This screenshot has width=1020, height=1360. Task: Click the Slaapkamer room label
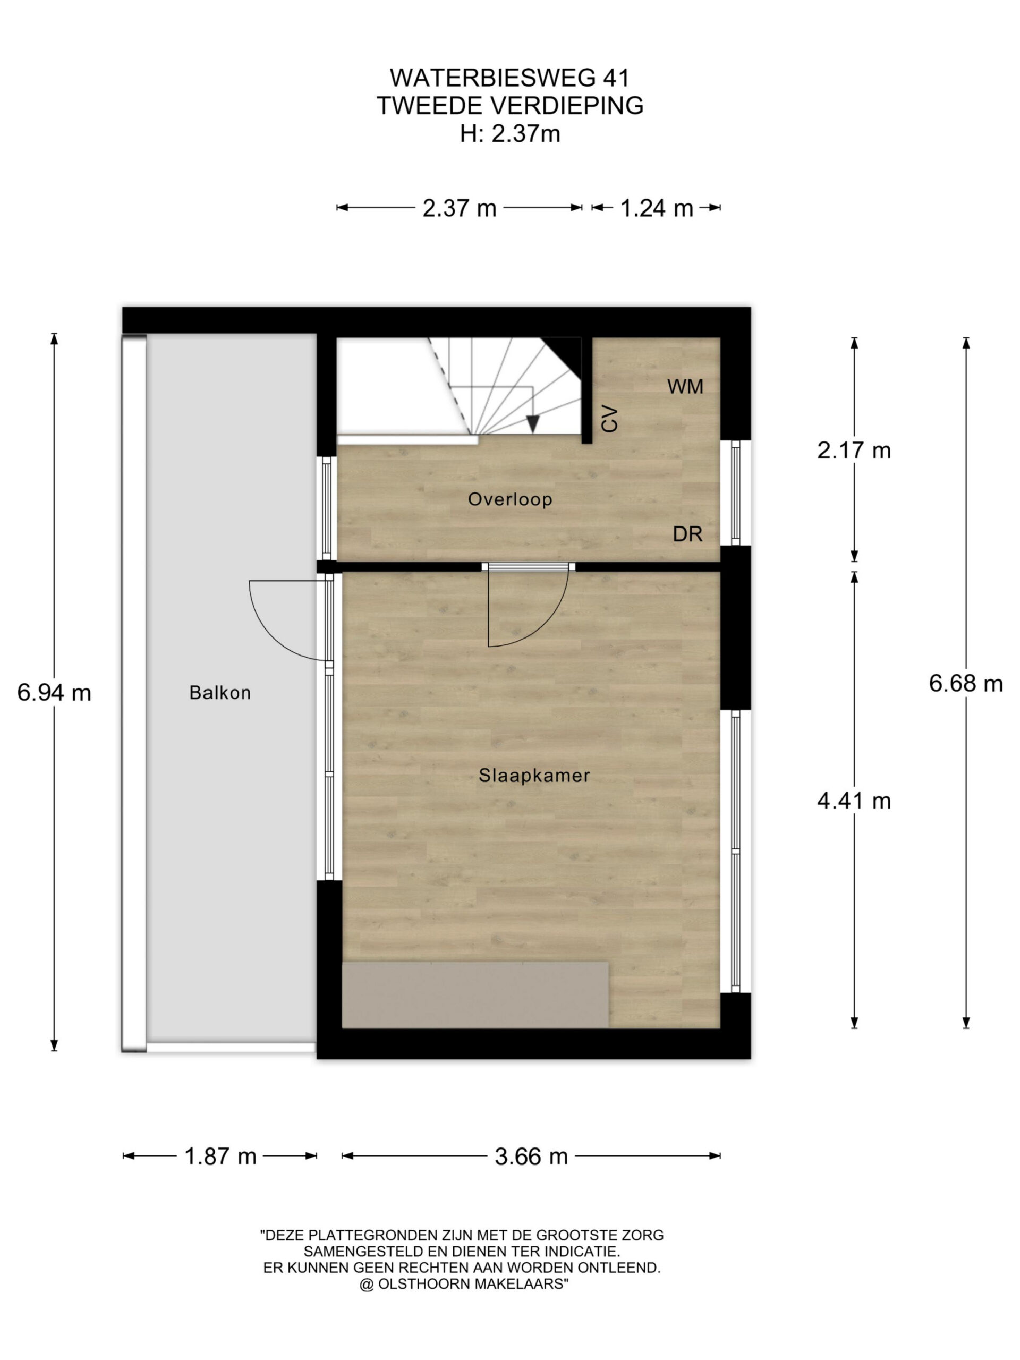coord(534,775)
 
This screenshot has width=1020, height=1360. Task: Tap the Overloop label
coord(509,499)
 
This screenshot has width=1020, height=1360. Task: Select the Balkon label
coord(220,693)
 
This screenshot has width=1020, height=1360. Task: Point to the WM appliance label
coord(685,386)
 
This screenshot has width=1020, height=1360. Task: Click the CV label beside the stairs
coord(609,419)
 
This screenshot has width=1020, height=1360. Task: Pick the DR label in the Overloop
coord(687,534)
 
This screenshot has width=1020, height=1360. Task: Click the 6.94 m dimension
coord(54,693)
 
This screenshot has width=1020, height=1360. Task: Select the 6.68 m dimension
coord(965,683)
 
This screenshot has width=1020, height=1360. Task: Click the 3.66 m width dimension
coord(531,1157)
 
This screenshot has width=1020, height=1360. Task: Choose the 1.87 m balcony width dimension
coord(220,1157)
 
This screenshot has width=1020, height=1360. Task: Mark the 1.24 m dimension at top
coord(656,208)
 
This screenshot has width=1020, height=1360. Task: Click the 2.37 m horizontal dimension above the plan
coord(460,208)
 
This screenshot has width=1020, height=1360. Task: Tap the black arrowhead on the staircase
coord(532,423)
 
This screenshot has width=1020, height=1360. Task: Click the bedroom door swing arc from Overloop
coord(550,624)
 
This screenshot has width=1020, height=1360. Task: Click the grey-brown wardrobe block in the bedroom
coord(474,994)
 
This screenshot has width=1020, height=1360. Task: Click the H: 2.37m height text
coord(509,133)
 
